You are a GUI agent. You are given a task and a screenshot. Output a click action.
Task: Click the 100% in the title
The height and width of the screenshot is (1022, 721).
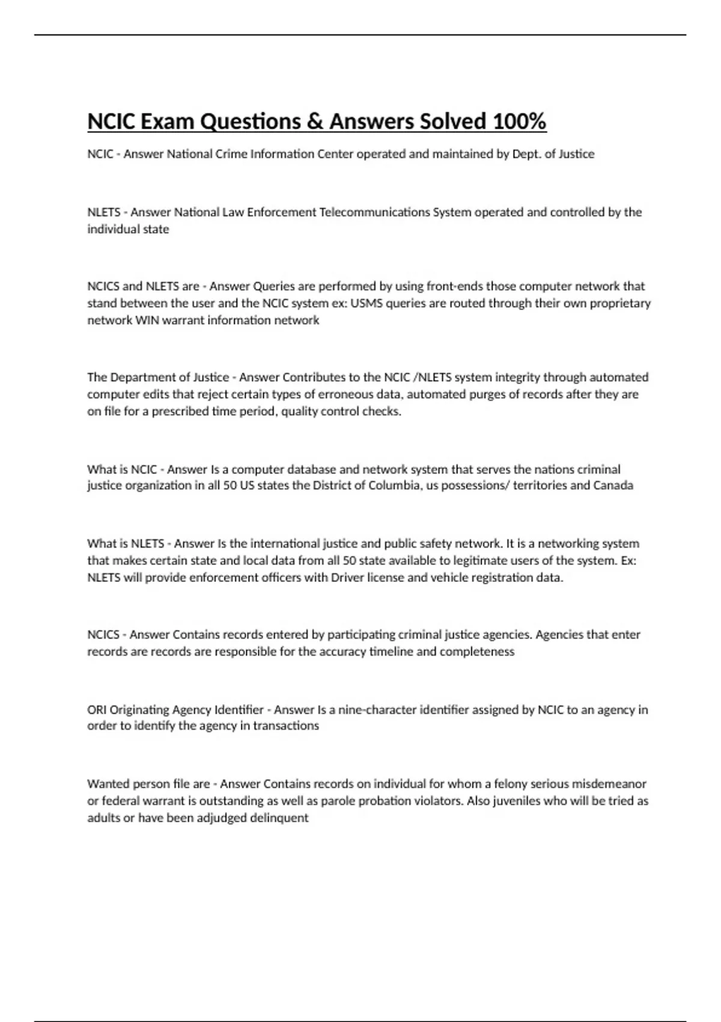click(x=519, y=121)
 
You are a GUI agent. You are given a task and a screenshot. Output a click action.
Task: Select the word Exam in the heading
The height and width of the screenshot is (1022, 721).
click(x=167, y=121)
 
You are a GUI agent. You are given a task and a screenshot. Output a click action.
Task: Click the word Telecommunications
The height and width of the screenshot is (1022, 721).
click(x=374, y=212)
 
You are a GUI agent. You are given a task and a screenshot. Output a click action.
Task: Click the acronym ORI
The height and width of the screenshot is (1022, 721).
click(x=97, y=709)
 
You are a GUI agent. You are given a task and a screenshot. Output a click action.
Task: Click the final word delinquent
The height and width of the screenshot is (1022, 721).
click(x=279, y=818)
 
